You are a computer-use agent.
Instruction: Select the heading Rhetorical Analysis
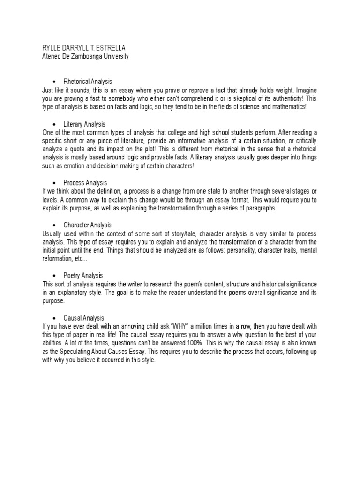point(88,82)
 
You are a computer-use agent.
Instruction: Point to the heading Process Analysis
point(85,182)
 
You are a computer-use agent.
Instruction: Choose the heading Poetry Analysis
point(83,275)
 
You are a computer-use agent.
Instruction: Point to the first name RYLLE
point(52,48)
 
